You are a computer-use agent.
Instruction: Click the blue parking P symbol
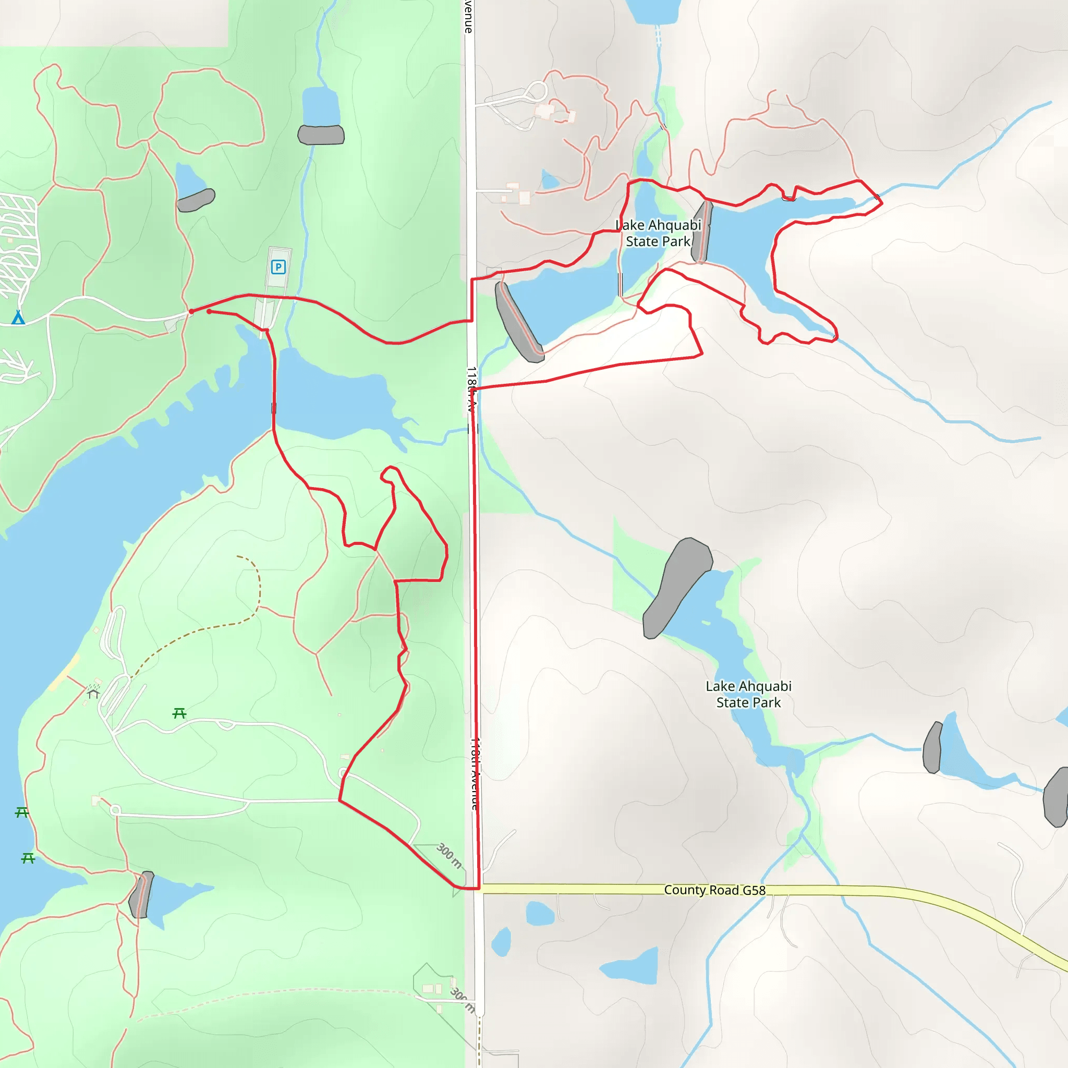click(x=278, y=268)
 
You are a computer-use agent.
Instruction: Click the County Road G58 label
click(x=714, y=890)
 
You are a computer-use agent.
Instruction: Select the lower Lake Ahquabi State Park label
click(x=748, y=694)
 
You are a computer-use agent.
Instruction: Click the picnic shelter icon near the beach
click(x=93, y=693)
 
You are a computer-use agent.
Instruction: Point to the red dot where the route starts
click(x=191, y=312)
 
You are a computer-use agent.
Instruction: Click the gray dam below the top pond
click(x=321, y=135)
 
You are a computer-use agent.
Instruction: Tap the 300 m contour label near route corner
click(x=449, y=855)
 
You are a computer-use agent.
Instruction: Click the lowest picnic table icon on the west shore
click(x=28, y=858)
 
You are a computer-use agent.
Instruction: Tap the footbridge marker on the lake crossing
click(x=274, y=408)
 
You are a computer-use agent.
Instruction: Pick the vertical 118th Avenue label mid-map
click(x=471, y=390)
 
